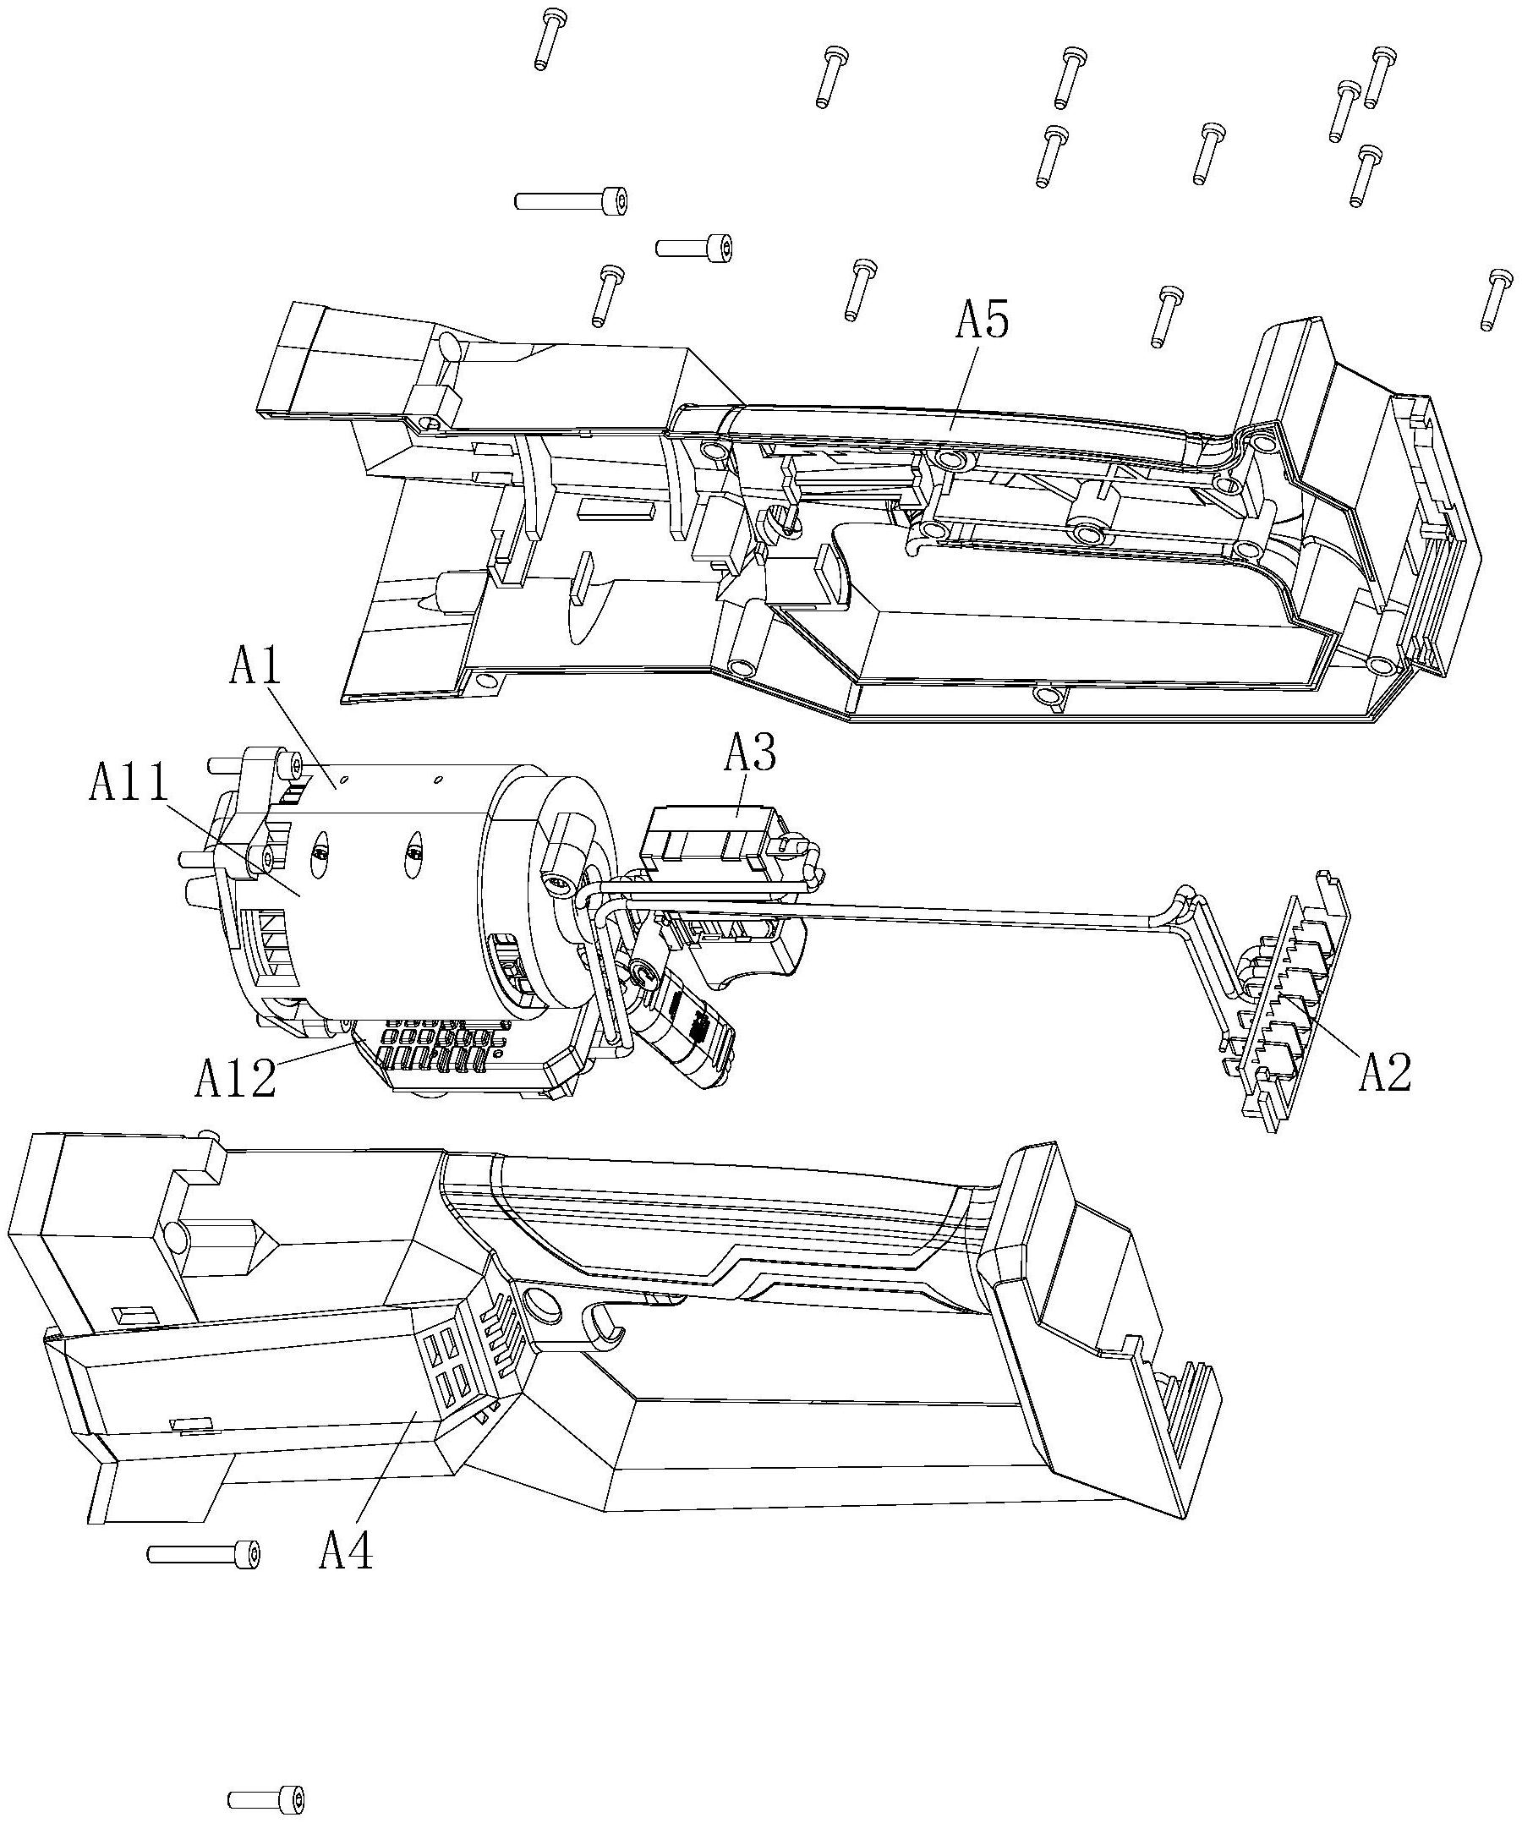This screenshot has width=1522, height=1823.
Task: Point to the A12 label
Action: click(235, 1079)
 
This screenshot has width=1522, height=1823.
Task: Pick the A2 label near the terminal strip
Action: click(1385, 1072)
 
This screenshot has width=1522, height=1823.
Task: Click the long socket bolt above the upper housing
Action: click(571, 200)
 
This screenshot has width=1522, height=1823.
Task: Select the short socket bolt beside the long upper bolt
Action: click(694, 246)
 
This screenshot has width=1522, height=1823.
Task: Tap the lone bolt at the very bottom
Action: click(266, 1798)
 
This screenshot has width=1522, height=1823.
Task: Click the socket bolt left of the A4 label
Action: click(204, 1554)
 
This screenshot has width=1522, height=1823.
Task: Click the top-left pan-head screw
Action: click(547, 39)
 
